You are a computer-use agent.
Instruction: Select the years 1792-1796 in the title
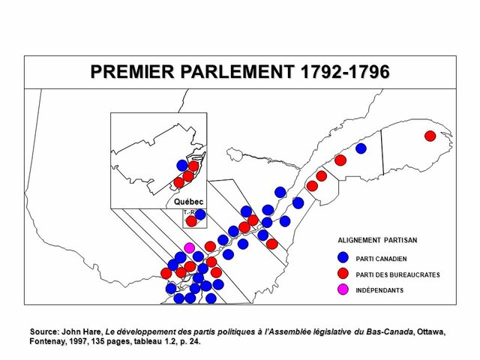344,72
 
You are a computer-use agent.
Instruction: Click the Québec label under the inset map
188,202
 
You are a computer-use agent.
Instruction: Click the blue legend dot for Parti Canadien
343,258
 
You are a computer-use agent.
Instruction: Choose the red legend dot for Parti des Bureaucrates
343,274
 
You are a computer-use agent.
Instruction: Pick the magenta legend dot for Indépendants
343,289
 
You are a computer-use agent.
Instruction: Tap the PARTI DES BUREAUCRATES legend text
397,274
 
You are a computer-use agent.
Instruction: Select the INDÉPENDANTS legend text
379,290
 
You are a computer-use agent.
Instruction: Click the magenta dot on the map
190,247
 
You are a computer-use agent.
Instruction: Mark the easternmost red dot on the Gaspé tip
430,136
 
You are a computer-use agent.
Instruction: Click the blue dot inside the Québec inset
182,165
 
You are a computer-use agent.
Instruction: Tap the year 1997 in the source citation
76,342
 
